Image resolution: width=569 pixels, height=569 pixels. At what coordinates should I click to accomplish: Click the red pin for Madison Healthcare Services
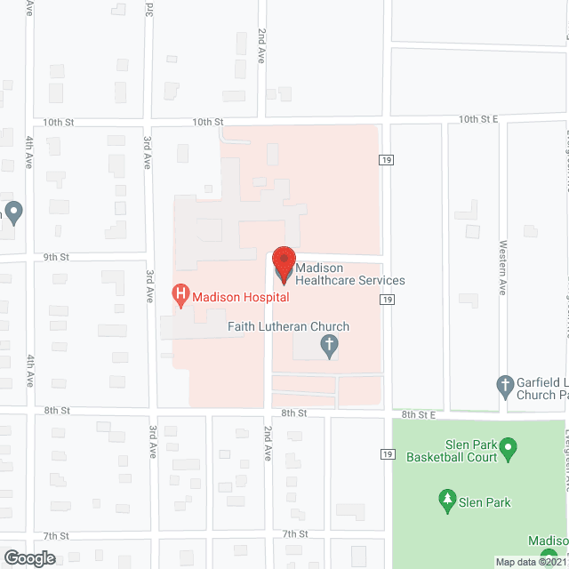tap(283, 264)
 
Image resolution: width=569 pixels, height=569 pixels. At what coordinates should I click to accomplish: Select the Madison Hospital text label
tap(234, 297)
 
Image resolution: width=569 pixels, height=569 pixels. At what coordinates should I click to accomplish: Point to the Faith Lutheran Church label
tap(288, 327)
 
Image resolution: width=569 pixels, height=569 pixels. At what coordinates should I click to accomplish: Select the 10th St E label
tap(478, 118)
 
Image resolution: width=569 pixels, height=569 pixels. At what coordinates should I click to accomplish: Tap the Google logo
tap(28, 558)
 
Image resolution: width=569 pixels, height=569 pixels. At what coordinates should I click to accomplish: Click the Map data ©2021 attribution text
tap(531, 562)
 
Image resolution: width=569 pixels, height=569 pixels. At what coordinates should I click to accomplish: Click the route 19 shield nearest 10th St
tap(386, 160)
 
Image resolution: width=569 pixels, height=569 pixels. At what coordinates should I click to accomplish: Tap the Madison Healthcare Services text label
tap(349, 274)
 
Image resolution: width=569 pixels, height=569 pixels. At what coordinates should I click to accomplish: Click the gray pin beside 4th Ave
tap(12, 212)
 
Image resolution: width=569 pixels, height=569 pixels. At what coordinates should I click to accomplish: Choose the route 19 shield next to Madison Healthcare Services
tap(386, 301)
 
